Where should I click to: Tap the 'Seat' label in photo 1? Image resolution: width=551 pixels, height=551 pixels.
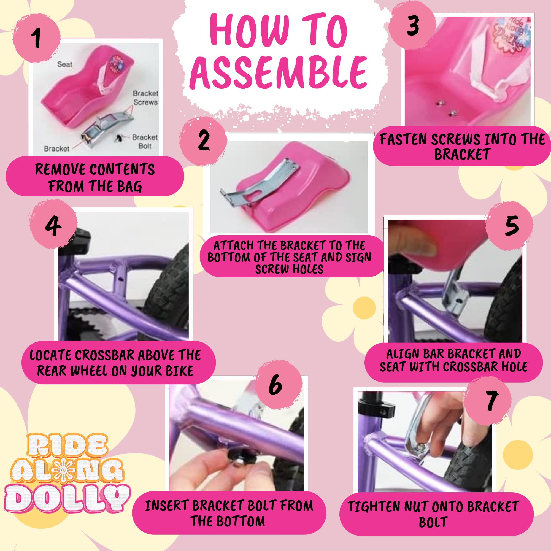(x=64, y=64)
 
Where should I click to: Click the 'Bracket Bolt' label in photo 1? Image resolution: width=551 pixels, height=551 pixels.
(x=145, y=142)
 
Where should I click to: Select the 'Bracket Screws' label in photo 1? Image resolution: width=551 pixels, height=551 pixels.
(x=145, y=98)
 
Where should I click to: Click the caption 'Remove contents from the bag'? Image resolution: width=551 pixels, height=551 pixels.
(x=95, y=177)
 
